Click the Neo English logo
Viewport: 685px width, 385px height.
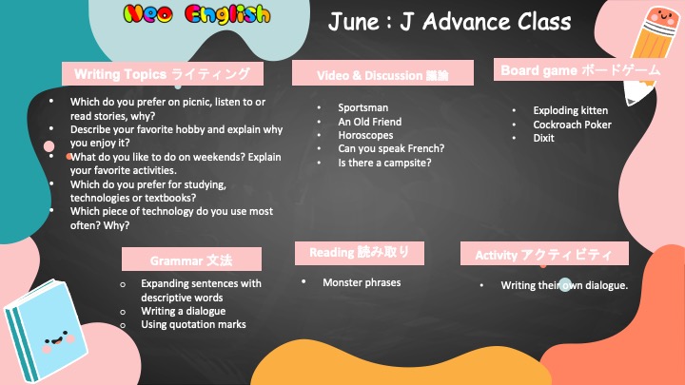[197, 14]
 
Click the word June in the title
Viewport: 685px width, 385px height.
[353, 22]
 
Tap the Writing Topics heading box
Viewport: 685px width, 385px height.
[163, 74]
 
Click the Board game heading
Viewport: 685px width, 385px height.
[580, 69]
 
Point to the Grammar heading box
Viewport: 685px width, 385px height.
[191, 260]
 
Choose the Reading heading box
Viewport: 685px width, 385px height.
[359, 253]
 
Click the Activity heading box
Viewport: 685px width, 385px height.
[544, 254]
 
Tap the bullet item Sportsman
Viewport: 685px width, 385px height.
[363, 107]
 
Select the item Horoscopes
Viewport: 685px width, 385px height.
[365, 135]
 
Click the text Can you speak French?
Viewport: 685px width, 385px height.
[391, 149]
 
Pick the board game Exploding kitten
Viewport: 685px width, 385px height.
[571, 110]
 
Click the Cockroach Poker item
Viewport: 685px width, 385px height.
[573, 125]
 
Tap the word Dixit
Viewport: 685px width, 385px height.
[543, 138]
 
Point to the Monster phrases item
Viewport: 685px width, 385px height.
[362, 282]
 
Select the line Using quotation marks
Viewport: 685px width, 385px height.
[193, 324]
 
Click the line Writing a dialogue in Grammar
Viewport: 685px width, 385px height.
[184, 311]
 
